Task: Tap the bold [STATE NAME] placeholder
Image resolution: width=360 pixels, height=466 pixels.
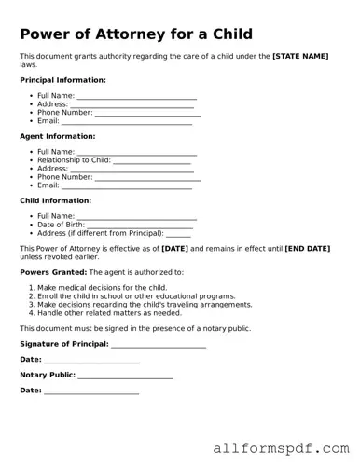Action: (x=300, y=57)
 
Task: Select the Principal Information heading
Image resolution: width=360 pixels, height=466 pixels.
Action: (x=62, y=80)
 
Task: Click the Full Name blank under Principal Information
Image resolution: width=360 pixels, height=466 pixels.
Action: (x=136, y=96)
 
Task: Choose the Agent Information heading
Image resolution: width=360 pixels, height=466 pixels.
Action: (x=57, y=136)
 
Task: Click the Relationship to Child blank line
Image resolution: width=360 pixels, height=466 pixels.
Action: (x=151, y=160)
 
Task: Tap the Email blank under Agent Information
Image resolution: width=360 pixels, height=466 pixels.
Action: (x=127, y=185)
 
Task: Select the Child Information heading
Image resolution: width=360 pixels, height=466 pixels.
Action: (x=55, y=200)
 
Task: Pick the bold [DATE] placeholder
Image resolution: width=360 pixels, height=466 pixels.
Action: (x=175, y=249)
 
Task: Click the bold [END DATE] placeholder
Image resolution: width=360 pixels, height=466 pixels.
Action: (x=308, y=249)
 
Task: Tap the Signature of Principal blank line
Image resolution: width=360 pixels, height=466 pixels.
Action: (x=159, y=344)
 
